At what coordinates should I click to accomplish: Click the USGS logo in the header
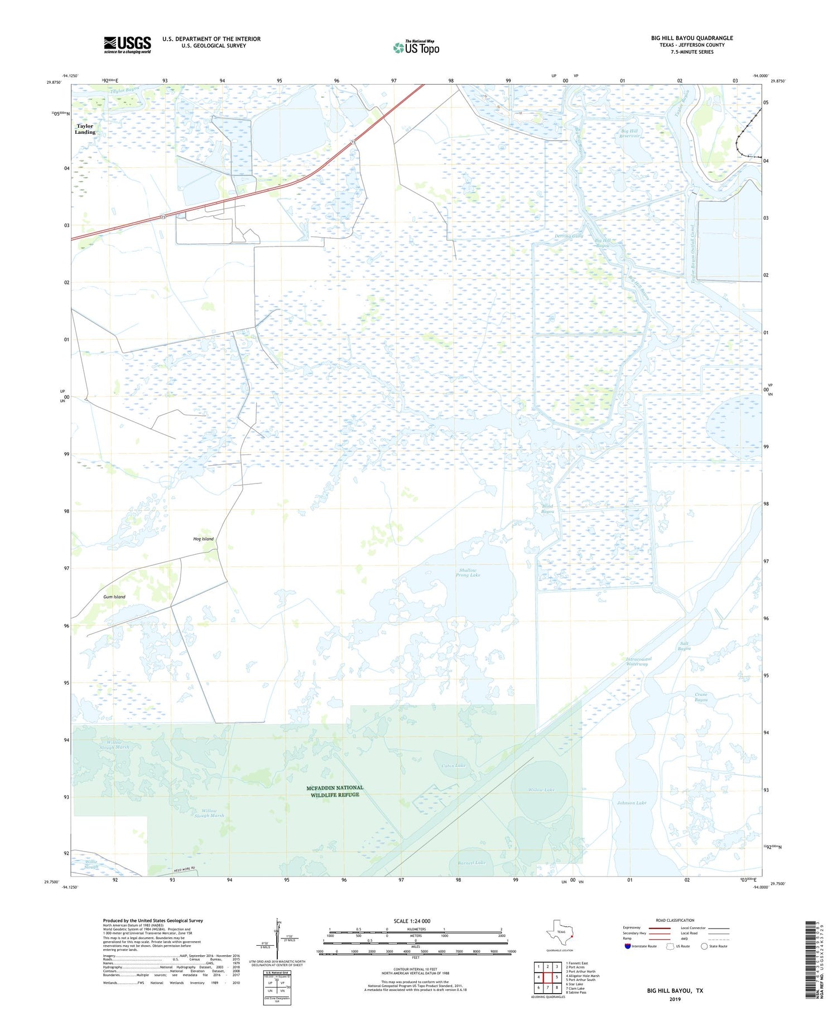coord(127,45)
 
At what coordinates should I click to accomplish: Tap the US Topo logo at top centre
coord(416,48)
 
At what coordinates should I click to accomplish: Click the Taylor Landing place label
coord(85,129)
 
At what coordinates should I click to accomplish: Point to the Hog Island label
coord(203,539)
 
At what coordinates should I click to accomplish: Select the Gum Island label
coord(114,597)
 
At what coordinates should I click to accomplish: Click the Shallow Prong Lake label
coord(469,573)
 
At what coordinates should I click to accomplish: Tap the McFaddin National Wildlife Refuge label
coord(334,791)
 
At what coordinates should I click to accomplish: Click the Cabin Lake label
coord(453,766)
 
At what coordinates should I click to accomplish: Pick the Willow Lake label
coord(541,790)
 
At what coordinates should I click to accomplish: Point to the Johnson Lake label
coord(631,803)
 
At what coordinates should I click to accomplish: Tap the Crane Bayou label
coord(701,697)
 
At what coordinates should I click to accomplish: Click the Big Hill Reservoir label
coord(629,134)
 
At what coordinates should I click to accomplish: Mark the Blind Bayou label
coord(547,509)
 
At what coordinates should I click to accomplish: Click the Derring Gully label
coord(569,236)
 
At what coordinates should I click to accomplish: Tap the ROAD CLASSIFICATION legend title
coord(675,920)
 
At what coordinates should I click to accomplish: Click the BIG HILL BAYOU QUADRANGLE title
coord(691,38)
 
